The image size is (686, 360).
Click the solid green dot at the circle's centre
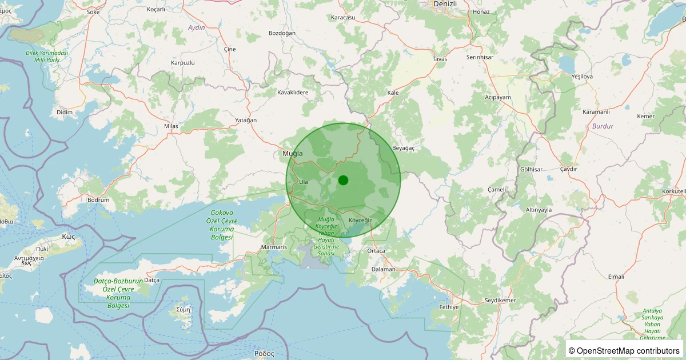pyautogui.click(x=343, y=180)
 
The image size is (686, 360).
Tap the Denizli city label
pyautogui.click(x=445, y=3)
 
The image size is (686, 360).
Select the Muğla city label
pyautogui.click(x=292, y=154)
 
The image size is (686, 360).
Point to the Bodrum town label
pyautogui.click(x=98, y=200)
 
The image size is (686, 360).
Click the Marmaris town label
pyautogui.click(x=273, y=247)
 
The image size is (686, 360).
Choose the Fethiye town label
pyautogui.click(x=449, y=307)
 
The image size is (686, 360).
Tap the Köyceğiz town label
pyautogui.click(x=360, y=220)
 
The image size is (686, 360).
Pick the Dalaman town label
pyautogui.click(x=383, y=269)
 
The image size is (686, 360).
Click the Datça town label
pyautogui.click(x=151, y=280)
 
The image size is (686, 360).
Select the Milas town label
pyautogui.click(x=171, y=126)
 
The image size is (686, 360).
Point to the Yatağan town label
pyautogui.click(x=246, y=120)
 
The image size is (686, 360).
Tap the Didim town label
pyautogui.click(x=65, y=112)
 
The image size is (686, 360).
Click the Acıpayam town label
pyautogui.click(x=498, y=97)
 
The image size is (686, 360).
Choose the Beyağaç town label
pyautogui.click(x=403, y=148)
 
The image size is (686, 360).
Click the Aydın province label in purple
pyautogui.click(x=196, y=27)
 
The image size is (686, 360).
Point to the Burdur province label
pyautogui.click(x=603, y=126)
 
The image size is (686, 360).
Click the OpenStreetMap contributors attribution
pyautogui.click(x=624, y=350)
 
